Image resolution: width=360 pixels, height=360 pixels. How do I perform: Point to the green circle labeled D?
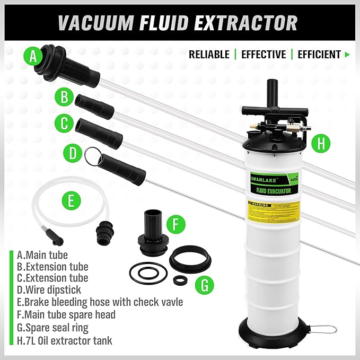point(72,153)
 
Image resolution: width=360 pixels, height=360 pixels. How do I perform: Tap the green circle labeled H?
point(320,142)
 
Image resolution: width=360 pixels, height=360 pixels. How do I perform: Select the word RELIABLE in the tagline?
point(209,54)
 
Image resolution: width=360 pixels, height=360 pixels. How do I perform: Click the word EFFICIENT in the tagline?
point(319,54)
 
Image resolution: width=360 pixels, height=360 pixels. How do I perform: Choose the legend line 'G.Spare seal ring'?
point(52,327)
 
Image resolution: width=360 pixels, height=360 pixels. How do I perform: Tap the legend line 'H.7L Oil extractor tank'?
point(65,340)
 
